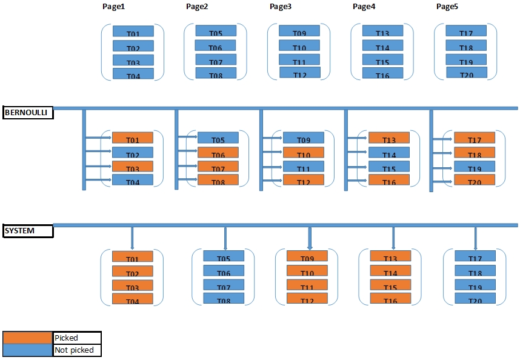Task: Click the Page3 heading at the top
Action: coord(280,7)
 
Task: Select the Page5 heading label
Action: coord(447,7)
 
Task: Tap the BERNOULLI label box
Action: coord(28,113)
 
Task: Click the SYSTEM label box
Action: coord(28,231)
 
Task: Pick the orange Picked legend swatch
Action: coord(27,338)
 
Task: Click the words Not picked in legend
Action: coord(74,350)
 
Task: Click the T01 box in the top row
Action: coord(133,31)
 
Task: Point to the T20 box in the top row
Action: coord(467,73)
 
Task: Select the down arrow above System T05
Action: coord(225,237)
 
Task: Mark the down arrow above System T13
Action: coord(393,237)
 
